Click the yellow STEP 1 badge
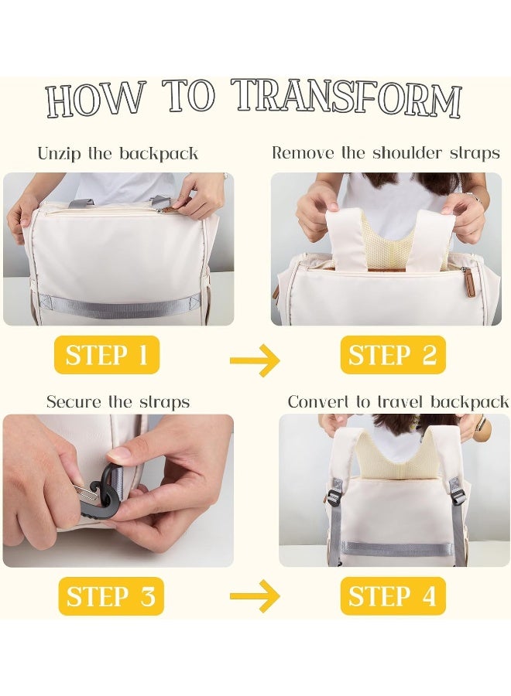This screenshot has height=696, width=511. [107, 355]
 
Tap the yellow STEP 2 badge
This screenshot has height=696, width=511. [393, 355]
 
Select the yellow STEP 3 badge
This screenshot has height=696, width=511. [111, 595]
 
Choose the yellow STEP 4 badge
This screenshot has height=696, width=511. [393, 595]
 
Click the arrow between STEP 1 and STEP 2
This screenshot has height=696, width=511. [255, 360]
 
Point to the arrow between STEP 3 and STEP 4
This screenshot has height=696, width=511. [255, 595]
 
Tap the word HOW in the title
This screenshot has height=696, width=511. [95, 100]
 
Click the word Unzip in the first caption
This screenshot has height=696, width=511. [60, 154]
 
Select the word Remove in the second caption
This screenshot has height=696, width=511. [303, 152]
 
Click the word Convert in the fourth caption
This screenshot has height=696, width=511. [320, 401]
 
